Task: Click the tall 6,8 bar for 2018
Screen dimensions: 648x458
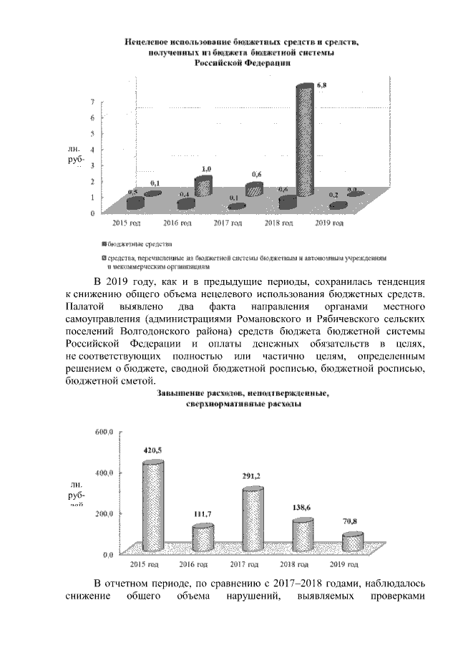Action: (305, 143)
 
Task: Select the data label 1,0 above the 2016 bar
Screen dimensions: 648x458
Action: (206, 169)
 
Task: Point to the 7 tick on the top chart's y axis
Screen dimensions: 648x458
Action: (92, 102)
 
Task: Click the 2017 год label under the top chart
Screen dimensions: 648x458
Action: (231, 223)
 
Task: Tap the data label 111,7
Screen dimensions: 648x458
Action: (204, 515)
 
